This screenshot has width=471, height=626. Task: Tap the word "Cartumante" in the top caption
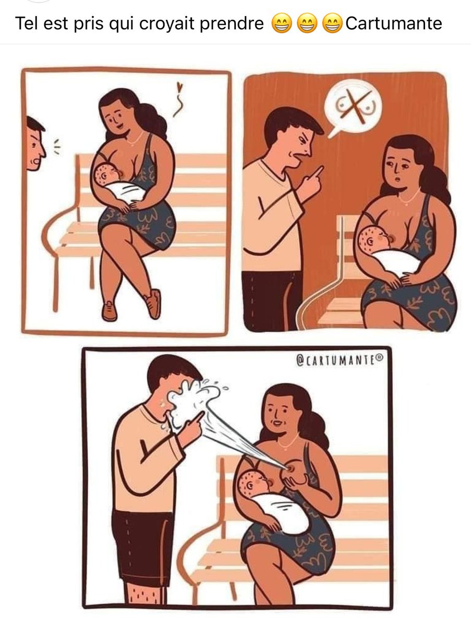tap(394, 23)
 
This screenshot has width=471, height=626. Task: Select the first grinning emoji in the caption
tap(282, 23)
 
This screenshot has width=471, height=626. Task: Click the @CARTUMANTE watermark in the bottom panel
tap(340, 359)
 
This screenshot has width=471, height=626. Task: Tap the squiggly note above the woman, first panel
tap(178, 100)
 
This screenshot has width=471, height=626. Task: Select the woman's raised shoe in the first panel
tap(153, 304)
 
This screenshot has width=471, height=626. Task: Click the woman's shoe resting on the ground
tap(110, 311)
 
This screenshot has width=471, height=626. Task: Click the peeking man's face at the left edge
tap(35, 144)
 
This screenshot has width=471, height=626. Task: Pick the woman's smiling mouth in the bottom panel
tap(277, 423)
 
